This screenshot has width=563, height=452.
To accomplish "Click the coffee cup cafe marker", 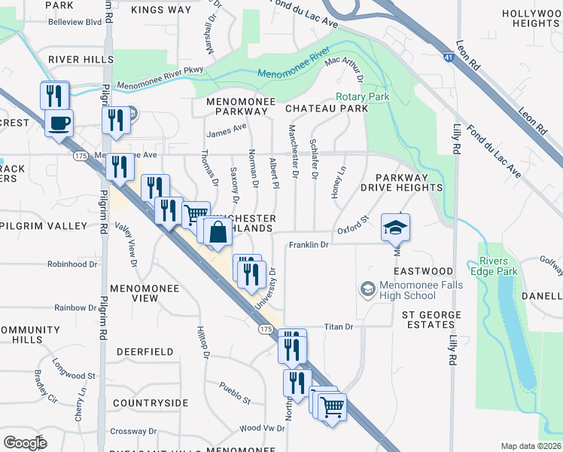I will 59,122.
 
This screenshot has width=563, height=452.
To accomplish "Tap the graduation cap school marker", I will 396,225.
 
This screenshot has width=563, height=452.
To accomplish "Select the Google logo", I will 25,442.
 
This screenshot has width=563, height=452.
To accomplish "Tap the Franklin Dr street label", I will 309,245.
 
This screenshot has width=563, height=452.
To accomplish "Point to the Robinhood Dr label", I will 73,264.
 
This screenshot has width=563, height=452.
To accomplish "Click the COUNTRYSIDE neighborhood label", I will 150,402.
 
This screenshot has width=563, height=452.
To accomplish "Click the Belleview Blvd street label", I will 75,23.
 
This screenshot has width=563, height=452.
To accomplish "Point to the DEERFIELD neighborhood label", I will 145,352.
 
